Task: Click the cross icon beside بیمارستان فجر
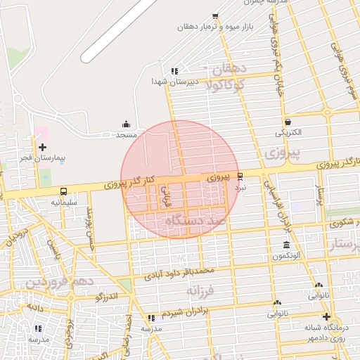42,147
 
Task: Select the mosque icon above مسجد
127,124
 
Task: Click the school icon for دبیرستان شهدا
174,71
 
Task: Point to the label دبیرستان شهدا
175,82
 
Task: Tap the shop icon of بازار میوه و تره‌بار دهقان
215,16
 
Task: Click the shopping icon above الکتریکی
288,122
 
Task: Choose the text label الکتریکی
288,131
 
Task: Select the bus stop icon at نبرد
240,176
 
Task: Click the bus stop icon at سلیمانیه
64,191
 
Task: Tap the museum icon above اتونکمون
286,245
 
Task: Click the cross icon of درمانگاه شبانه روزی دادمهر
326,316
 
